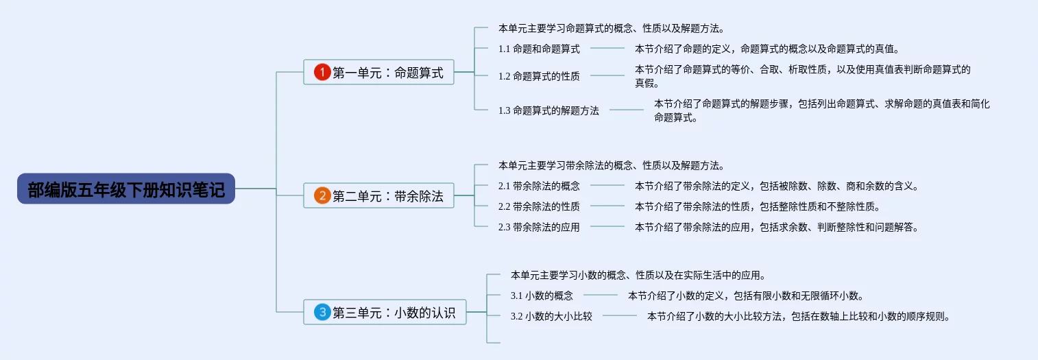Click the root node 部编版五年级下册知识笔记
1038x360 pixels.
click(x=126, y=189)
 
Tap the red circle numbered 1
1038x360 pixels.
click(x=322, y=72)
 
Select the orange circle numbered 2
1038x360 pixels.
click(x=322, y=195)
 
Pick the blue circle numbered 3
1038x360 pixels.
click(x=322, y=312)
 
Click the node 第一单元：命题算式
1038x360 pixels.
click(x=378, y=72)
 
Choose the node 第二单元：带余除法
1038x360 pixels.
click(x=378, y=195)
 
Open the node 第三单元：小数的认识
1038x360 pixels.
click(x=385, y=312)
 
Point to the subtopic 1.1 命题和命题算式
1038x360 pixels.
click(x=539, y=49)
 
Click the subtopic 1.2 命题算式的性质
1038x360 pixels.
click(x=539, y=76)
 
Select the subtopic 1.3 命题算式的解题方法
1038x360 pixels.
click(x=548, y=110)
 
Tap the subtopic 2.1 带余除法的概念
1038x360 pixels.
click(x=539, y=186)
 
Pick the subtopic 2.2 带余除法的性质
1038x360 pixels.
click(x=539, y=206)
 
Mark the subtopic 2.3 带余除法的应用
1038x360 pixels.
click(x=539, y=227)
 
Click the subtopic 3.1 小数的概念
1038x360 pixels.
click(x=542, y=296)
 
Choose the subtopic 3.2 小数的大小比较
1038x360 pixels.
click(x=551, y=316)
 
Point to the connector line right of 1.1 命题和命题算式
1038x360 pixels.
click(x=607, y=48)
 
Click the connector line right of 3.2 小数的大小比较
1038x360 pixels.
click(x=620, y=315)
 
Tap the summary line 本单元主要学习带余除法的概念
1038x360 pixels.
click(x=612, y=165)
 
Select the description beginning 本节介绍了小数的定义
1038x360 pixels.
click(x=746, y=296)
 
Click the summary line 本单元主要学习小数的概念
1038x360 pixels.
click(x=638, y=275)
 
